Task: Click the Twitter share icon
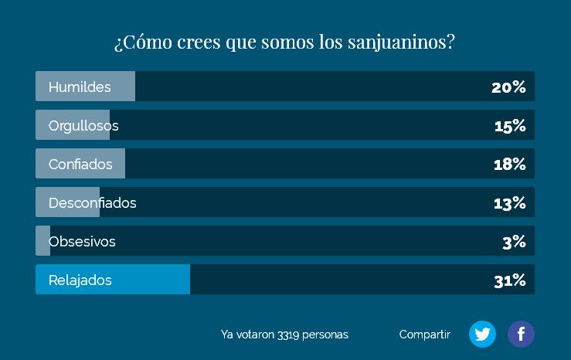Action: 482,334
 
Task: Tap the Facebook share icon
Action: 521,334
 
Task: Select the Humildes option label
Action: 80,87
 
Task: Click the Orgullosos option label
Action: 83,126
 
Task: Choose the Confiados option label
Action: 80,165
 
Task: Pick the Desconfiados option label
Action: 92,203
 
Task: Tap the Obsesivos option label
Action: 82,242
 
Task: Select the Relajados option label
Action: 80,280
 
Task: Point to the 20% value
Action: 508,87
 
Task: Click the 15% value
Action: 510,126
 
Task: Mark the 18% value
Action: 510,165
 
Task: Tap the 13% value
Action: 510,203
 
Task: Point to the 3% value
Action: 514,242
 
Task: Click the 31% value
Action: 510,280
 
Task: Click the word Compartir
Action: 424,335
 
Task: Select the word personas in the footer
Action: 325,335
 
